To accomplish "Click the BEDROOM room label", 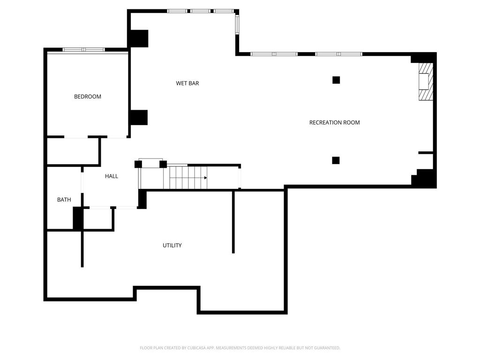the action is [x=88, y=97].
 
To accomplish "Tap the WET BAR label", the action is [x=187, y=83].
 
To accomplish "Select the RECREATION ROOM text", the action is [x=334, y=122].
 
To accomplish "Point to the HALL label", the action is [x=112, y=176].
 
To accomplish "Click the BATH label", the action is [x=64, y=200].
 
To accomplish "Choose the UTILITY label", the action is [x=172, y=245].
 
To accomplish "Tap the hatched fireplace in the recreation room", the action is [x=426, y=82].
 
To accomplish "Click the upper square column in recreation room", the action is [x=336, y=80].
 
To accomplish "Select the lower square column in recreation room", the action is [x=336, y=160].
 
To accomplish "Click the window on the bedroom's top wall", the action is [x=84, y=50].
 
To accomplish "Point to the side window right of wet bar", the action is [x=237, y=24].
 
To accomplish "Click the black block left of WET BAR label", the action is [x=139, y=118].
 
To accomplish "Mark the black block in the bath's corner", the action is [x=78, y=218].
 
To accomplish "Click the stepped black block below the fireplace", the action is [x=424, y=178].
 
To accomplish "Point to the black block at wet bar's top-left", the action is [x=139, y=38].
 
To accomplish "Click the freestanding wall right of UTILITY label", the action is [x=233, y=222].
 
